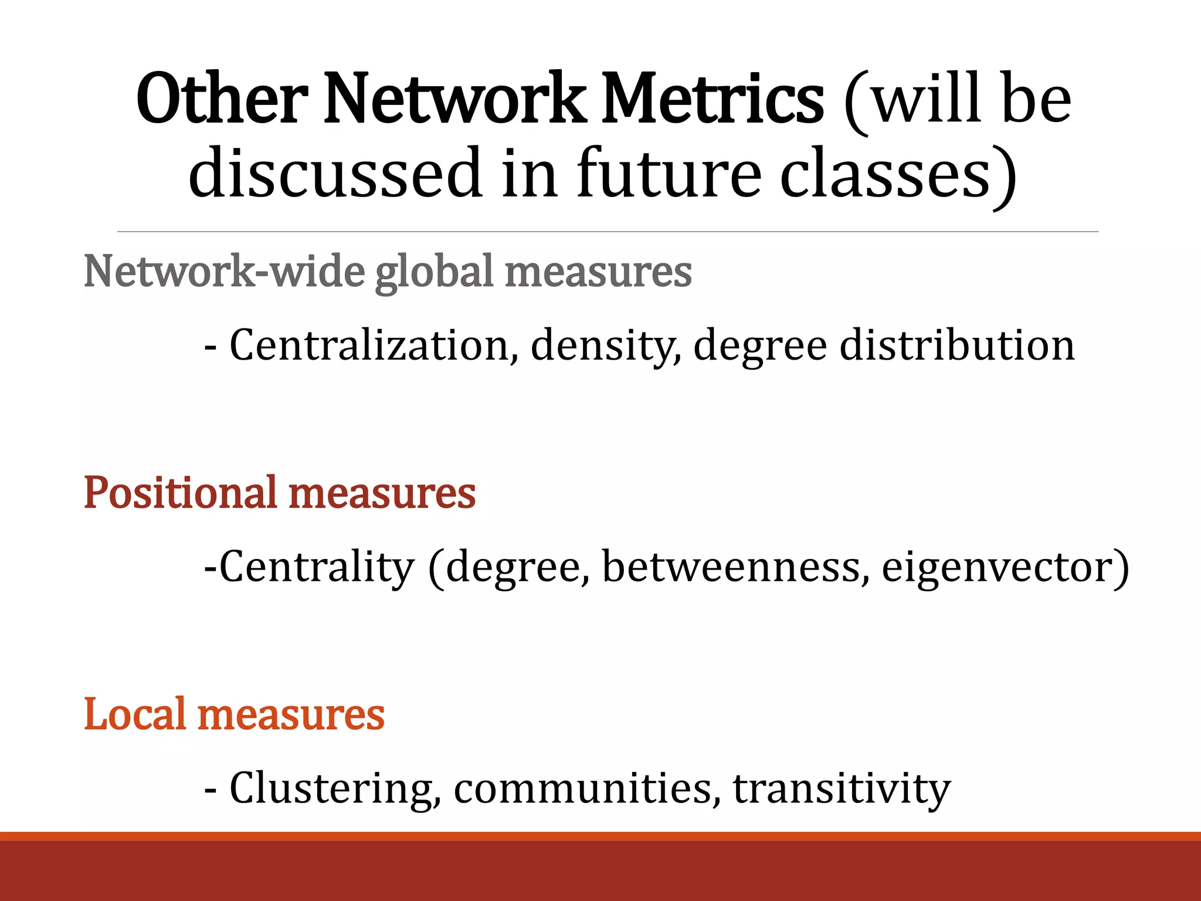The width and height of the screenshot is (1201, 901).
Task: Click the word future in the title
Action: click(669, 173)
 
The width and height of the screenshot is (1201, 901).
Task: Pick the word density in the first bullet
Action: click(606, 346)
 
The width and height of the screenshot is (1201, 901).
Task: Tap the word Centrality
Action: click(317, 567)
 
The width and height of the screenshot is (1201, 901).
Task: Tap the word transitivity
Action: click(842, 788)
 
